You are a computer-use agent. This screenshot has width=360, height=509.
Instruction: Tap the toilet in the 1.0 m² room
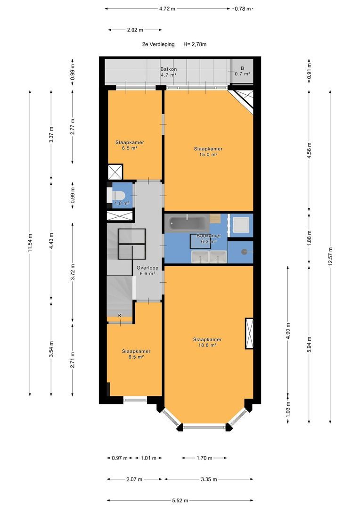(118, 195)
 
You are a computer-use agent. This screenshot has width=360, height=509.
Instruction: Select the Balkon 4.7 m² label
(169, 72)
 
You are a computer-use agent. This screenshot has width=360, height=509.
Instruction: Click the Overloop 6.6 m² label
(147, 271)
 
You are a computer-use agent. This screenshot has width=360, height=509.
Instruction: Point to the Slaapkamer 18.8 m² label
(207, 343)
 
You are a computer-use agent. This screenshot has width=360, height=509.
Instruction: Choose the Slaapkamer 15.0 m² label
(208, 152)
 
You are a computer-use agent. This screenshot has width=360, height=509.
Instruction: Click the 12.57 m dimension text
(330, 256)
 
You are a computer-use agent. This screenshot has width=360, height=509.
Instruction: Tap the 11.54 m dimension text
(30, 243)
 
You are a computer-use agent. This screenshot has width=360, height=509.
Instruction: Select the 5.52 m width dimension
(180, 501)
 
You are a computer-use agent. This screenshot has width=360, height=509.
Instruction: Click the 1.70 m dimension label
(204, 458)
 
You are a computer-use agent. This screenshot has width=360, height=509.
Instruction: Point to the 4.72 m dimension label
(167, 9)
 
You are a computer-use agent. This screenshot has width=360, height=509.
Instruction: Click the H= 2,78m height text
(195, 44)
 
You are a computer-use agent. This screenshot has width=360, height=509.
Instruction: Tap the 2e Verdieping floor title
(158, 44)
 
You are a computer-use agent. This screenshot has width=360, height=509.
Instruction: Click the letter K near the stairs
(120, 315)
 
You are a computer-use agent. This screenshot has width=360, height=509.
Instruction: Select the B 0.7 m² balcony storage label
(242, 71)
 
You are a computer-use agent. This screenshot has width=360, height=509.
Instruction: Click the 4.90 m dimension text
(288, 331)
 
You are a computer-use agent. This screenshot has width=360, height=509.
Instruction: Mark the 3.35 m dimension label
(209, 479)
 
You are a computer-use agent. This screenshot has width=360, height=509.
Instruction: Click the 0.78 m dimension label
(243, 9)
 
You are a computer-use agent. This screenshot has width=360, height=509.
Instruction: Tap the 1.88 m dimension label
(309, 237)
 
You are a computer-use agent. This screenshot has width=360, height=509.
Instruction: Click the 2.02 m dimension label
(135, 30)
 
